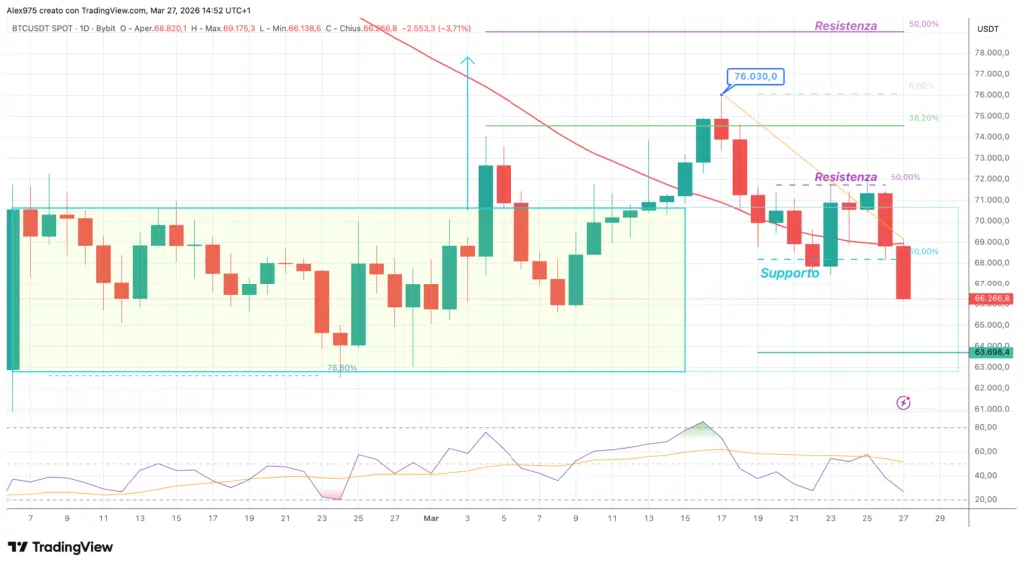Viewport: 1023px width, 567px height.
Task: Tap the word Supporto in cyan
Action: [789, 273]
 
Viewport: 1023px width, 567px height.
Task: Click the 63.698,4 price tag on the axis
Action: [992, 352]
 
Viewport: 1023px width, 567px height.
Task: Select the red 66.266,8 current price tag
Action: [992, 298]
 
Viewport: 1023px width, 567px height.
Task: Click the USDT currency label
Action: [987, 29]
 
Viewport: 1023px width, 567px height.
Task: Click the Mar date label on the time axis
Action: [431, 519]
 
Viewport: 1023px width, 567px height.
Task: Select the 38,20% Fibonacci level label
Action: [923, 118]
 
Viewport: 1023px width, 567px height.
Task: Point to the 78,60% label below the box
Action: [342, 368]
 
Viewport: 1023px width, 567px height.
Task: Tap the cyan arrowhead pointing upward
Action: [467, 62]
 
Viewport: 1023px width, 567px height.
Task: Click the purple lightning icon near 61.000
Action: [903, 402]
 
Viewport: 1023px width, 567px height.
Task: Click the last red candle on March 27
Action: [903, 272]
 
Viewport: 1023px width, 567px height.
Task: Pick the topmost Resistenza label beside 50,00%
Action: [845, 26]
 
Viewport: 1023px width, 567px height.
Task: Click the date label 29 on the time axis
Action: [940, 519]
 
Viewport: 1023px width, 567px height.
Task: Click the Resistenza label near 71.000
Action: [845, 177]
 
